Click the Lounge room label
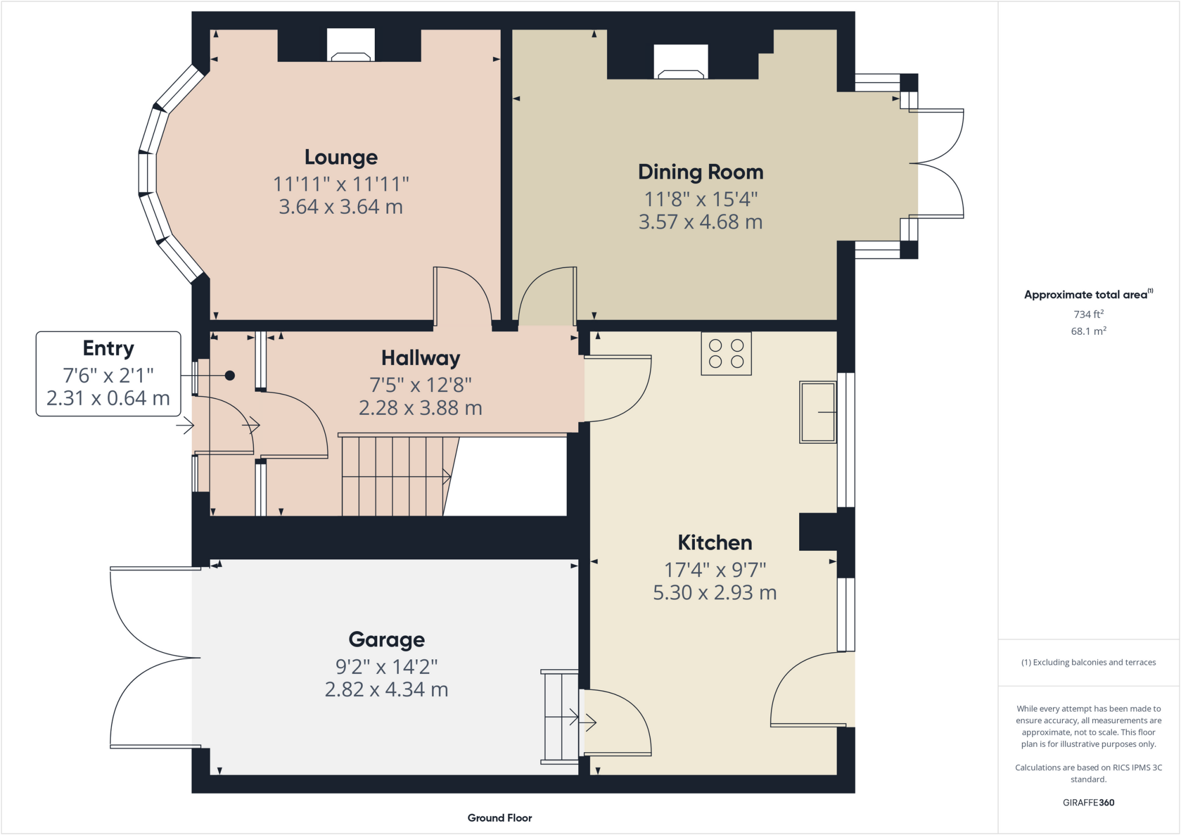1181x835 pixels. click(x=341, y=157)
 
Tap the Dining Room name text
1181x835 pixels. click(x=700, y=172)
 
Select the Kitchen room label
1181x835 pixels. click(x=714, y=543)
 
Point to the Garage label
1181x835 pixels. click(x=386, y=640)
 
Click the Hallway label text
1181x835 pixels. click(x=420, y=358)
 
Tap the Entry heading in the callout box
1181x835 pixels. click(x=108, y=349)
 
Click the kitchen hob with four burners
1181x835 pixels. click(x=726, y=354)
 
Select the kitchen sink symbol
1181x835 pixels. click(x=818, y=412)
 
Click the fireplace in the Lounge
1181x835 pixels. click(x=351, y=46)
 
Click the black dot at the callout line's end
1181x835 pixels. click(x=230, y=376)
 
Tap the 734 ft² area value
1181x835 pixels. click(x=1088, y=314)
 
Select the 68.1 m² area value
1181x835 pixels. click(x=1088, y=331)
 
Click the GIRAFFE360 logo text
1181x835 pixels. click(x=1088, y=802)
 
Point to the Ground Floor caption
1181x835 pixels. click(x=499, y=818)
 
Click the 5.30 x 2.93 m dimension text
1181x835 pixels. click(x=714, y=593)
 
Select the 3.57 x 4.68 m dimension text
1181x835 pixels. click(x=700, y=222)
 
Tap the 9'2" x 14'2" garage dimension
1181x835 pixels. click(x=386, y=667)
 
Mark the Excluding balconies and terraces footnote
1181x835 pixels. click(x=1088, y=662)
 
